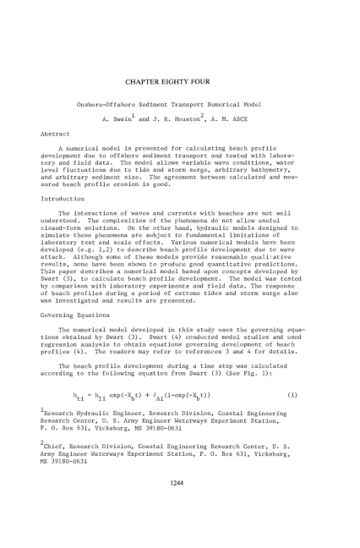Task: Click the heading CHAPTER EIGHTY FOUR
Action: (179, 81)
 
